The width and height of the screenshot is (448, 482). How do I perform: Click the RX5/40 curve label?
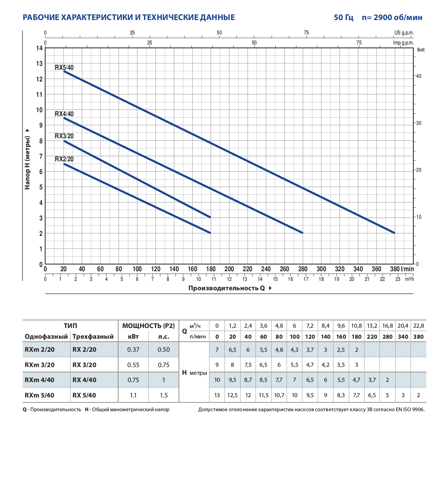64,67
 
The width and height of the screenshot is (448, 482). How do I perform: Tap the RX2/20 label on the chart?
64,159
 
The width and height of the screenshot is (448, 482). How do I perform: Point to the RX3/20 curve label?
64,136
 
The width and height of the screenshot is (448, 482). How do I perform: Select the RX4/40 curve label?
64,114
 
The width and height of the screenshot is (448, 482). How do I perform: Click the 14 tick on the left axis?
39,48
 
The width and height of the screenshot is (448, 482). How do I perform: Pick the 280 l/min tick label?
303,269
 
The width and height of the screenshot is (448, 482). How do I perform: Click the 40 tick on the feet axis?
419,76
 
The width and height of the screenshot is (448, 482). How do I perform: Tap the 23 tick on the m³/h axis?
398,279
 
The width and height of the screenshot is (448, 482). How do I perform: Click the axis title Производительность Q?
227,288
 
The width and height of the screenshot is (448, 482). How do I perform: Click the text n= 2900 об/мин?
392,17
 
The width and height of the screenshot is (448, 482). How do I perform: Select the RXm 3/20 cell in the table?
39,365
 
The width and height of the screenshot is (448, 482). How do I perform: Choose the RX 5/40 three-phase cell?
84,395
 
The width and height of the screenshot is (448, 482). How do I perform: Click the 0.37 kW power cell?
133,350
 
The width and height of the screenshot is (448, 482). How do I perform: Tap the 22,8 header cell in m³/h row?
418,326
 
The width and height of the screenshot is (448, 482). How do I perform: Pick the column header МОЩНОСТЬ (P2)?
148,326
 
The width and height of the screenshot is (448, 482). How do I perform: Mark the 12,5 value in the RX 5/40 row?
232,395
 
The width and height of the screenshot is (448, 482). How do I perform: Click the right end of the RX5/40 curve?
395,233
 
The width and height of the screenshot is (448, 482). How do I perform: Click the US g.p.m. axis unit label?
404,33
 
